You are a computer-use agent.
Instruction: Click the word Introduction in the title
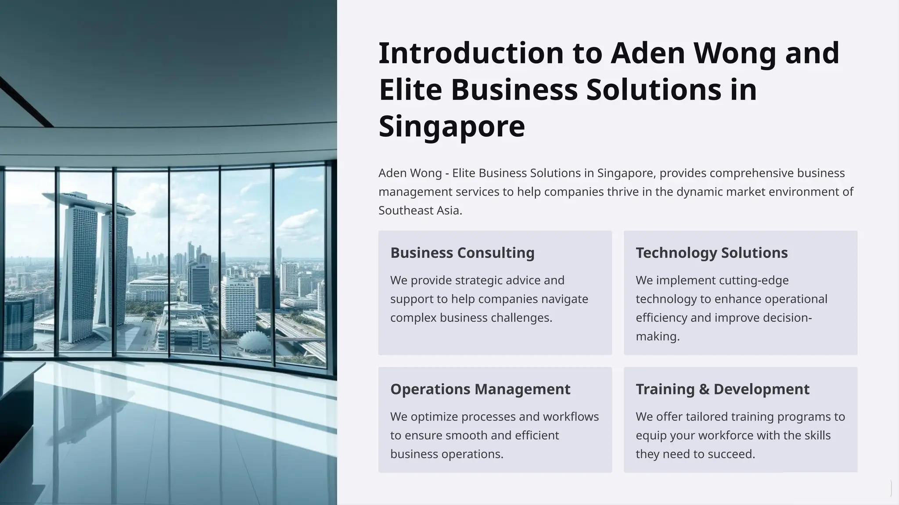click(471, 53)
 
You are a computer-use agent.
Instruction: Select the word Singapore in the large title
click(452, 127)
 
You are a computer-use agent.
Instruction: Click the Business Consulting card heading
click(462, 253)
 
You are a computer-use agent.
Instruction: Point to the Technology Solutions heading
click(712, 253)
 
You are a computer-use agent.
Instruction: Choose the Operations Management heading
click(480, 389)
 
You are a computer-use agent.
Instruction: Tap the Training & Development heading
click(723, 389)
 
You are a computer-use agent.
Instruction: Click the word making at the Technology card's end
click(657, 337)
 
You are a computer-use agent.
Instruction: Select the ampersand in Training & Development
click(704, 389)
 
